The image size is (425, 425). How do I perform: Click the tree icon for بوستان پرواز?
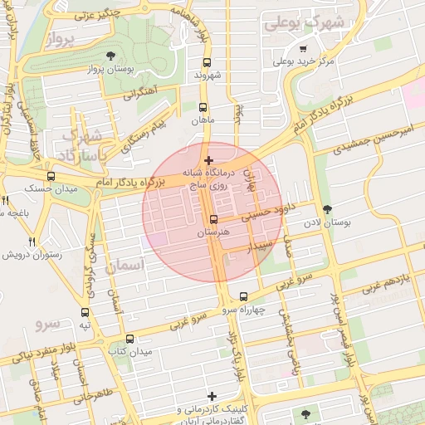pyautogui.click(x=111, y=56)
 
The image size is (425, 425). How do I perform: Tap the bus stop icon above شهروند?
pyautogui.click(x=207, y=61)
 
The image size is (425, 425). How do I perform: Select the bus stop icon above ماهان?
pyautogui.click(x=203, y=107)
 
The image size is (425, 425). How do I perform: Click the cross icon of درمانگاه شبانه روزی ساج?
pyautogui.click(x=208, y=160)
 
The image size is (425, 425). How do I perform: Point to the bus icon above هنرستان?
pyautogui.click(x=214, y=220)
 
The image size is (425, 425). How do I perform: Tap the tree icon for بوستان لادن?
pyautogui.click(x=327, y=209)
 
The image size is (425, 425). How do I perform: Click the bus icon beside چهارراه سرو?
pyautogui.click(x=243, y=296)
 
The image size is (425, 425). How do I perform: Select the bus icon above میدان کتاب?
pyautogui.click(x=130, y=339)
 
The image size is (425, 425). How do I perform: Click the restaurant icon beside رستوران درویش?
pyautogui.click(x=32, y=242)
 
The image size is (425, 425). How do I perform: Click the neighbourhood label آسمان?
pyautogui.click(x=125, y=265)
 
